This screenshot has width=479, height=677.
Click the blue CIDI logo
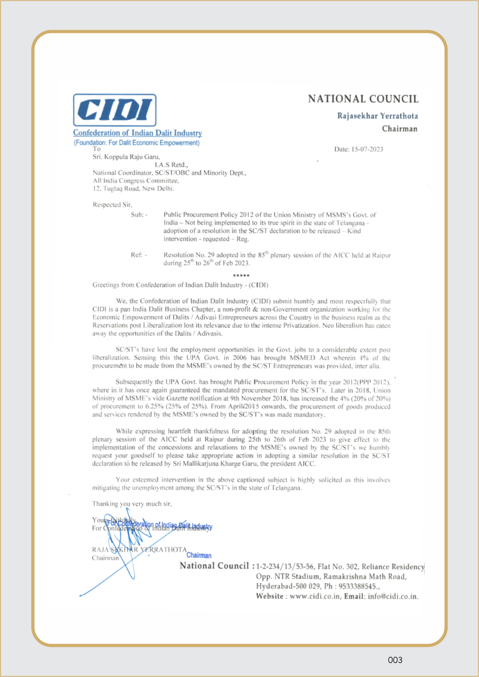tap(114, 110)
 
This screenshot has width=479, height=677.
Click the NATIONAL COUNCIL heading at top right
tap(363, 99)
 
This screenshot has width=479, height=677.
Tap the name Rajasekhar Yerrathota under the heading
tap(377, 116)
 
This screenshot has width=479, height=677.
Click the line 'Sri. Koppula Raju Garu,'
tap(126, 157)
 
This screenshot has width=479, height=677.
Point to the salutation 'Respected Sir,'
tap(112, 205)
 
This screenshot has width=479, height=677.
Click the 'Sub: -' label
tap(139, 215)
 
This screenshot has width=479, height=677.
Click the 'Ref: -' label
tap(139, 255)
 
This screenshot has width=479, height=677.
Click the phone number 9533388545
tap(357, 586)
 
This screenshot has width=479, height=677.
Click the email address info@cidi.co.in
tap(392, 596)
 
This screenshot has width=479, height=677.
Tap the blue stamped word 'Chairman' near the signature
tap(199, 555)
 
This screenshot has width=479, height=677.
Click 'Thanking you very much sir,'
tap(132, 504)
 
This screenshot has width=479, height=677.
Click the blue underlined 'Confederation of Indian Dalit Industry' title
tap(137, 133)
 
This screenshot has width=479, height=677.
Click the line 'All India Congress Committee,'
tap(136, 181)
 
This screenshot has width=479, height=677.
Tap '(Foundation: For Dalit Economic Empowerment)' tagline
tap(137, 143)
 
